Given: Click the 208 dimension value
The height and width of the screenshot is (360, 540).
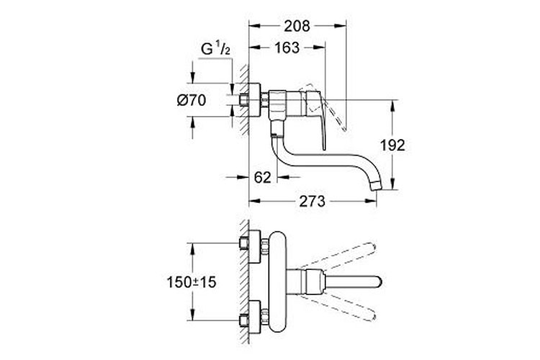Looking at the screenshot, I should coord(296,26).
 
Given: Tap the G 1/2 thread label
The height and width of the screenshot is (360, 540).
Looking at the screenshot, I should coord(215,50).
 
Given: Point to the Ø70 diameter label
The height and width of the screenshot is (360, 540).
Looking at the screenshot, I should coord(192,102).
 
